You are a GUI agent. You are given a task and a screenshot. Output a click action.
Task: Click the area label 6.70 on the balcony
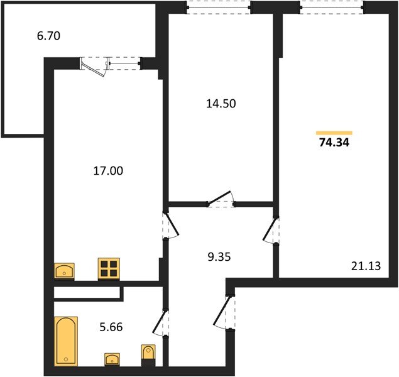pyautogui.click(x=48, y=36)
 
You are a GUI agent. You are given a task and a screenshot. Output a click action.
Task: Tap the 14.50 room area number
pyautogui.click(x=220, y=104)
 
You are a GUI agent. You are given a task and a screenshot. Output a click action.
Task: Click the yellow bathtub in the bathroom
pyautogui.click(x=65, y=341)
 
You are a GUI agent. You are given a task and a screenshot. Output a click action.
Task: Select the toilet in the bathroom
pyautogui.click(x=148, y=355)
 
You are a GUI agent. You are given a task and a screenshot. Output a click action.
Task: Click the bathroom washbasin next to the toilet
pyautogui.click(x=113, y=359)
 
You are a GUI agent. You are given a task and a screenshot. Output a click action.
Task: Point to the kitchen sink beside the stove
pyautogui.click(x=65, y=271)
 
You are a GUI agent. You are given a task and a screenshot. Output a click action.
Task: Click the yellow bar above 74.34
pyautogui.click(x=334, y=133)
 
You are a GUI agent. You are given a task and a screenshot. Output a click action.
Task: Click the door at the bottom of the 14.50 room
pyautogui.click(x=221, y=200)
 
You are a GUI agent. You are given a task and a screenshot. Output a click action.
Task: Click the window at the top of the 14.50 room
pyautogui.click(x=218, y=7)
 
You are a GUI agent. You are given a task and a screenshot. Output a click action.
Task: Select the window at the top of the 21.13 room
pyautogui.click(x=331, y=7)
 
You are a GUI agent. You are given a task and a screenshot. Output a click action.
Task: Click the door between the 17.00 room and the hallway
pyautogui.click(x=165, y=225)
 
